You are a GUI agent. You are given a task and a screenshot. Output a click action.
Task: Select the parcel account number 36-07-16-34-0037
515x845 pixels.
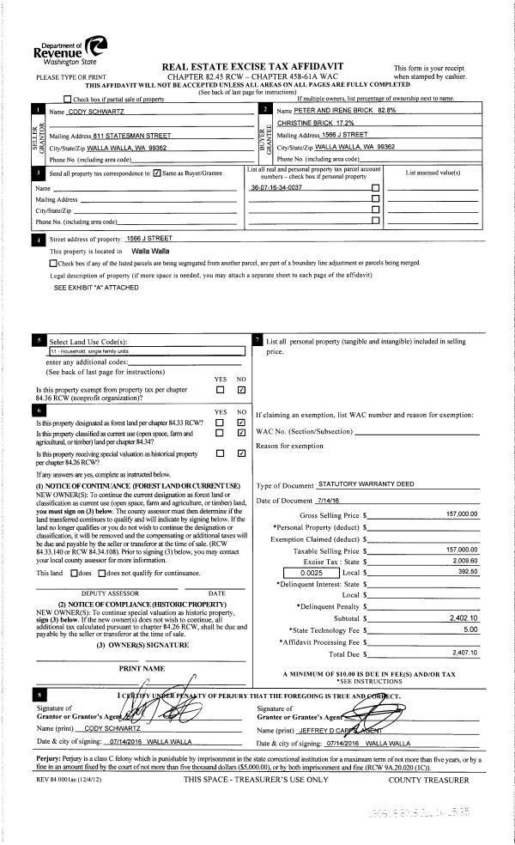(x=276, y=186)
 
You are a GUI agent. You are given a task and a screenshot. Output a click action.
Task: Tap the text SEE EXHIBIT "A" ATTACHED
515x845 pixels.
(x=96, y=289)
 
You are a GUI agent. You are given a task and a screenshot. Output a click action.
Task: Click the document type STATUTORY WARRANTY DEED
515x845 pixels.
(x=367, y=485)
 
